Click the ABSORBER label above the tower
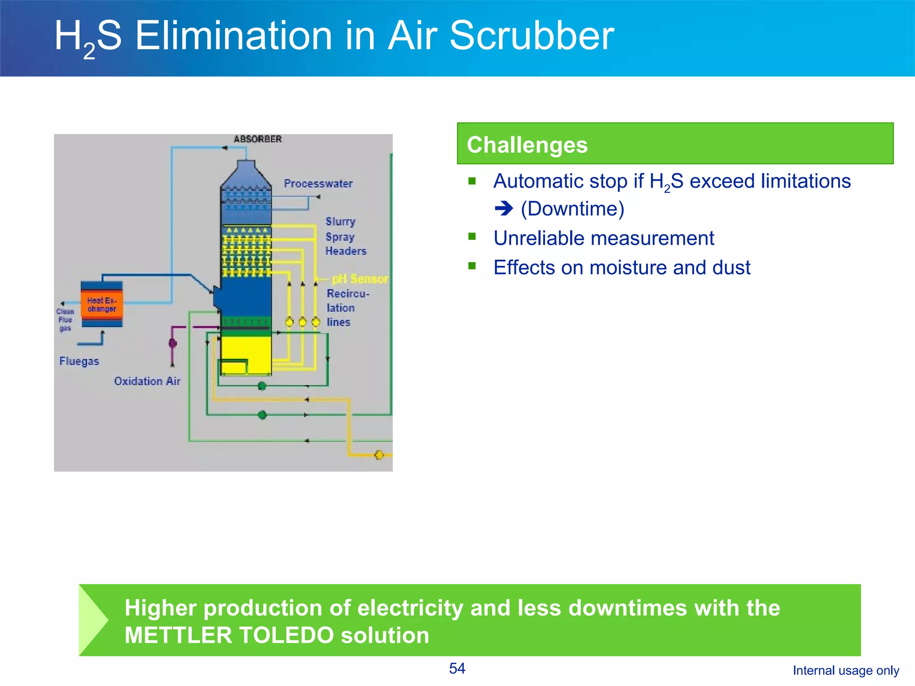coord(257,139)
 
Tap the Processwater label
coord(318,184)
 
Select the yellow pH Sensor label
coord(360,279)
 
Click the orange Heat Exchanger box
coord(102,305)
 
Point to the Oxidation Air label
coord(147,381)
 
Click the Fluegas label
coord(79,361)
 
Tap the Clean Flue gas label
coord(65,320)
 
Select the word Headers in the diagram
coord(346,251)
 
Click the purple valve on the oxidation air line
coord(172,343)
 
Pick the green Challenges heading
coord(527,145)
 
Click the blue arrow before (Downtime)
coord(504,208)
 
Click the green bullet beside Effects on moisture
coord(472,266)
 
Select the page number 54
coord(457,668)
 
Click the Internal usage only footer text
coord(846,670)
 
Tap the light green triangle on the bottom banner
coord(92,620)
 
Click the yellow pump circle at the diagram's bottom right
coord(379,455)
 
